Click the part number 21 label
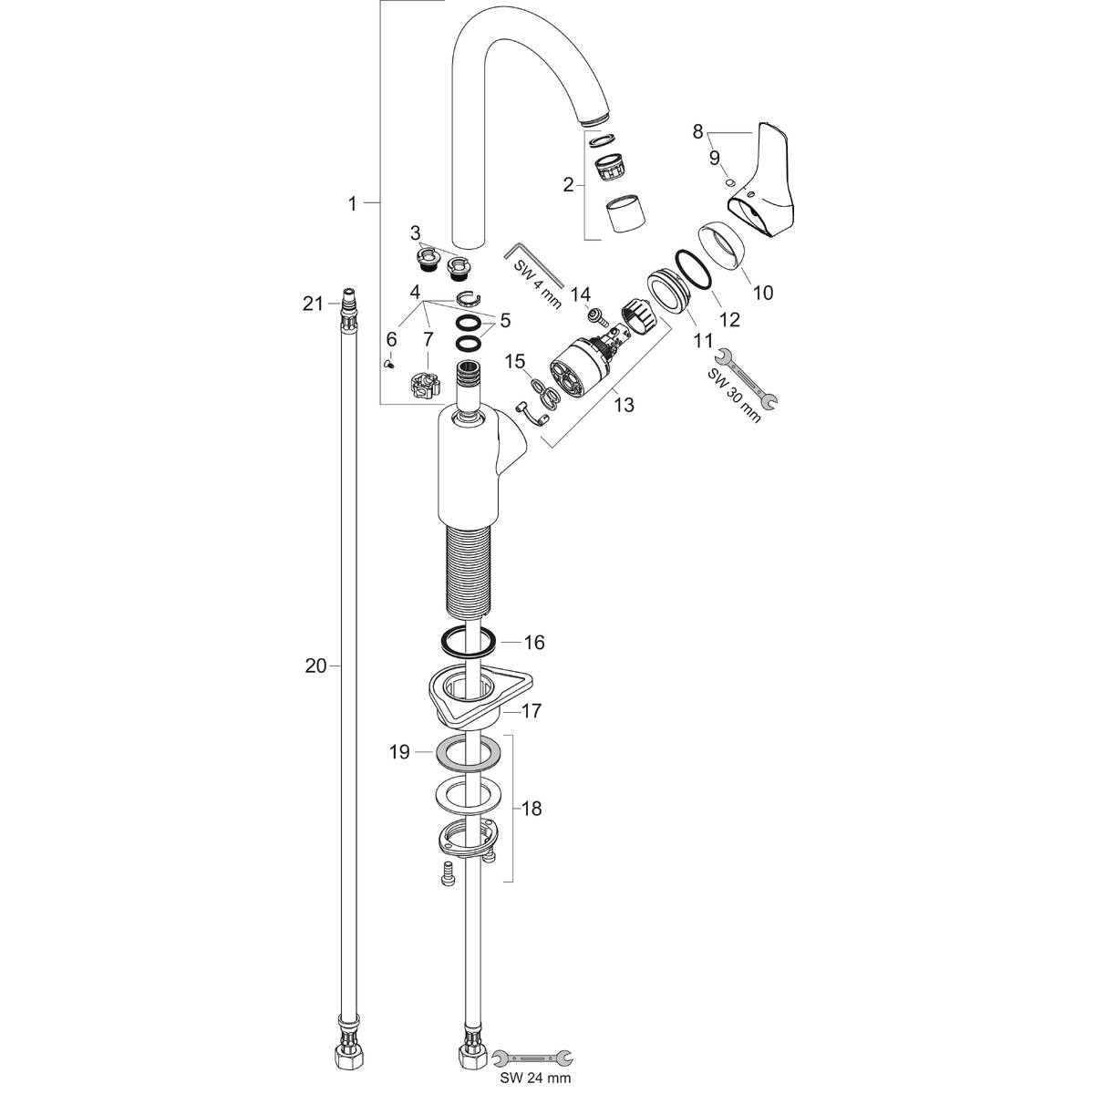313,304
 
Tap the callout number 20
315,667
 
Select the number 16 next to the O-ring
534,643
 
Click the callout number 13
624,404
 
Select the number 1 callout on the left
352,204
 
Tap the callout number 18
531,809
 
